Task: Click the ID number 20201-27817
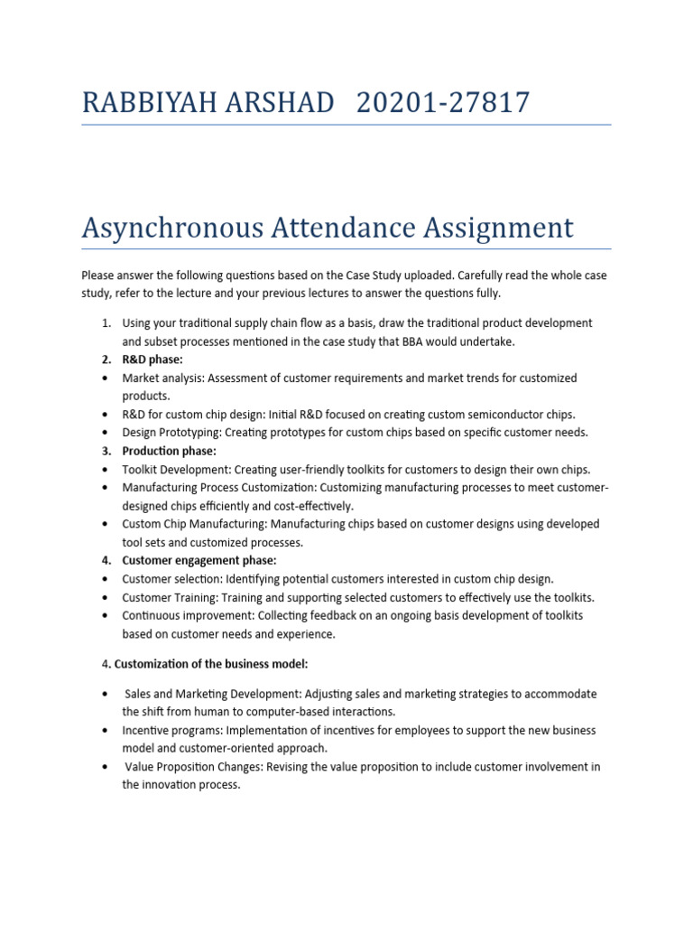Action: pyautogui.click(x=443, y=103)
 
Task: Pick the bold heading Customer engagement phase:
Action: pyautogui.click(x=199, y=561)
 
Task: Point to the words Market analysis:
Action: pyautogui.click(x=163, y=378)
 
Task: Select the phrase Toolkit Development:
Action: pyautogui.click(x=177, y=470)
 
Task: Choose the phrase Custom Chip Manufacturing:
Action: pyautogui.click(x=194, y=524)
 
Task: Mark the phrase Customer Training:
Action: pyautogui.click(x=171, y=597)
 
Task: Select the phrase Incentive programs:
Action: pyautogui.click(x=172, y=730)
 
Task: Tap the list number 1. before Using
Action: pyautogui.click(x=106, y=322)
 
